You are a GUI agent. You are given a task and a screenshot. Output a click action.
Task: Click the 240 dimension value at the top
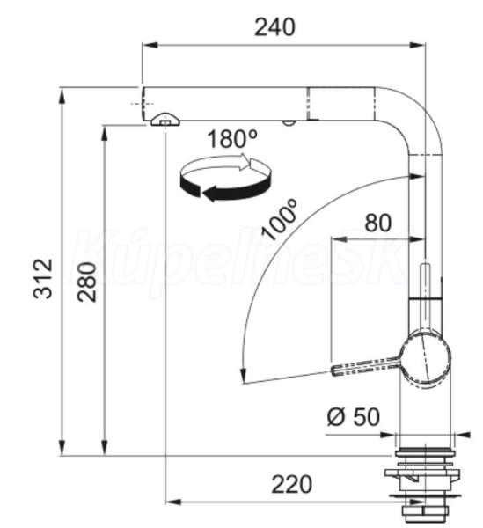[x=275, y=27]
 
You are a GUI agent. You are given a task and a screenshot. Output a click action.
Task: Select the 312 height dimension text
[x=43, y=278]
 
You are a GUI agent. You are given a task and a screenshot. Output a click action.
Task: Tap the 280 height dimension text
[x=87, y=282]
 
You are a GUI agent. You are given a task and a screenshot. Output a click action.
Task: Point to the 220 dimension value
[x=291, y=485]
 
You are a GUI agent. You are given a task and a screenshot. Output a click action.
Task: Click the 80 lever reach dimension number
[x=378, y=223]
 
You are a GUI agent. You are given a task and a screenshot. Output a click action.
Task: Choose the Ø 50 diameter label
[x=354, y=416]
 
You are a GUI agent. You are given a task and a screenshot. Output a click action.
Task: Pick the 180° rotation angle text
[x=232, y=139]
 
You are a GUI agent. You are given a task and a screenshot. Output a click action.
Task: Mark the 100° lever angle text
[x=280, y=219]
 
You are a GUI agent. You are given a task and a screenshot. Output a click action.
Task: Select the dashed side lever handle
[x=365, y=367]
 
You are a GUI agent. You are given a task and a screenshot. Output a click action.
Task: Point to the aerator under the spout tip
[x=165, y=120]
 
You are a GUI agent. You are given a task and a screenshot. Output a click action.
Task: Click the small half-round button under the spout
[x=288, y=122]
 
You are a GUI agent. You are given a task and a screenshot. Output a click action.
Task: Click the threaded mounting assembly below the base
[x=422, y=484]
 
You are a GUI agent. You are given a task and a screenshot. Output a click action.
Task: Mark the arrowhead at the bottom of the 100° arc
[x=243, y=376]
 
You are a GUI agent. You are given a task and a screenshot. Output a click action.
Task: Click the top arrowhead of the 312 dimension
[x=62, y=96]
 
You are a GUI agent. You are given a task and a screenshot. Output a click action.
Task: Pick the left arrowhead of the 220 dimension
[x=173, y=502]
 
